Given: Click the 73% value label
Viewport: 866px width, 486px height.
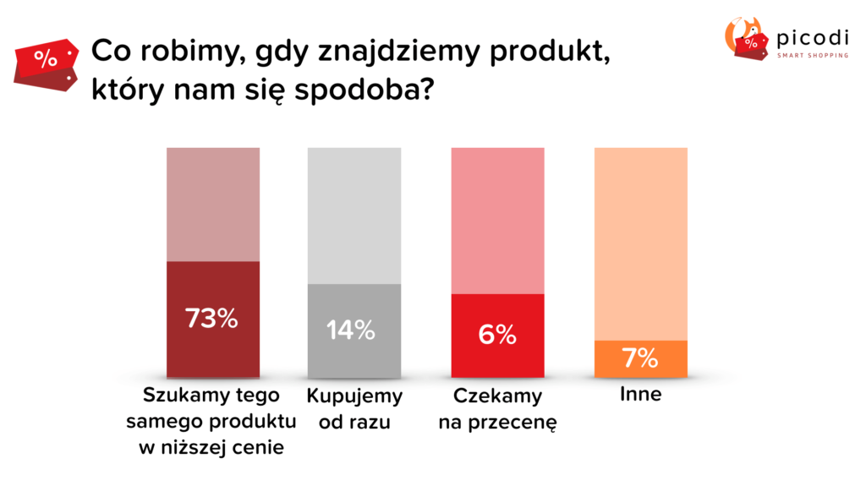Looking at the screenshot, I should tap(212, 319).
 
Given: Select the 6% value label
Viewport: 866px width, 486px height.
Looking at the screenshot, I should tap(496, 336).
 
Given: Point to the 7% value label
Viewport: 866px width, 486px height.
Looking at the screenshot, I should tap(640, 358).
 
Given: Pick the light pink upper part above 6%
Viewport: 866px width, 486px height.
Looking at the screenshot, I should tap(496, 220).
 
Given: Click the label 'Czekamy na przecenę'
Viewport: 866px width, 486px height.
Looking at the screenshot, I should tap(496, 409).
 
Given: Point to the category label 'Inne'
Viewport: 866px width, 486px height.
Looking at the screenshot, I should tap(640, 395).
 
